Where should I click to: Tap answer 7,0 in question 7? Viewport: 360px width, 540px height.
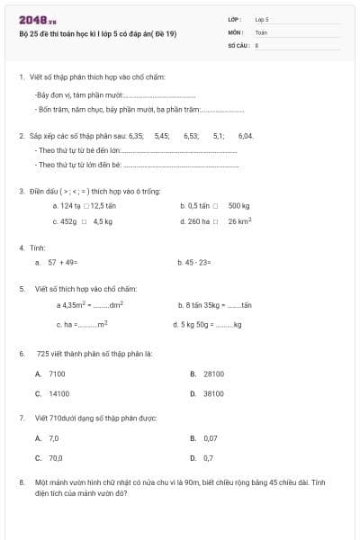click(x=54, y=438)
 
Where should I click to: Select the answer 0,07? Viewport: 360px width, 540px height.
click(x=211, y=438)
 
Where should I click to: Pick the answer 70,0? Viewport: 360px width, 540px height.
click(x=56, y=458)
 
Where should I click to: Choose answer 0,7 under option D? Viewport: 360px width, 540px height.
click(x=208, y=458)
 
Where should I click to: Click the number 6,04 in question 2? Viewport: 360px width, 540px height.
click(x=246, y=136)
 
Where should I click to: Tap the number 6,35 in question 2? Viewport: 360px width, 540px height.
click(x=137, y=136)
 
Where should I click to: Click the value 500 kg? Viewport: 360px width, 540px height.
click(x=238, y=206)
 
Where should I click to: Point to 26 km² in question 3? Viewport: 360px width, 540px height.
click(x=239, y=220)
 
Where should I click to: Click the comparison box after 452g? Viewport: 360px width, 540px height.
click(x=84, y=220)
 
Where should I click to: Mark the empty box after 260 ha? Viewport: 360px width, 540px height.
click(x=215, y=220)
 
